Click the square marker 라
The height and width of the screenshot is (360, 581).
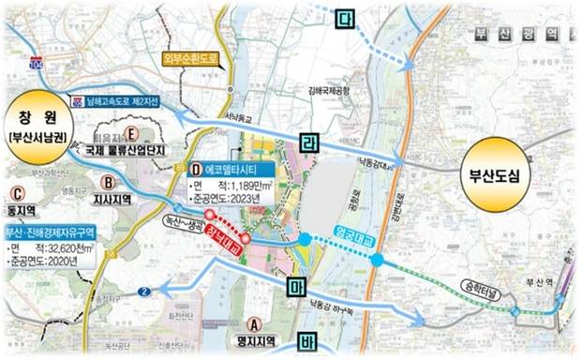[310, 143]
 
